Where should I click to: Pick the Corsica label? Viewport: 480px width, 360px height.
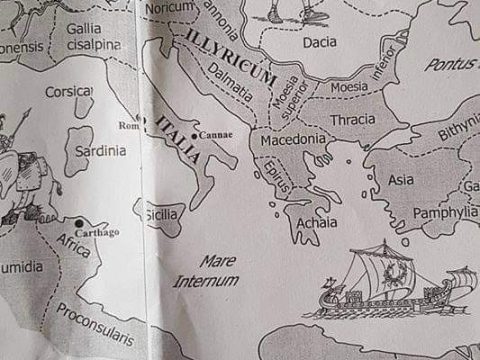(x=70, y=92)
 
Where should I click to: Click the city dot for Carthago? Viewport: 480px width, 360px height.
(x=78, y=221)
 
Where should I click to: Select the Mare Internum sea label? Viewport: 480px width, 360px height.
(x=209, y=270)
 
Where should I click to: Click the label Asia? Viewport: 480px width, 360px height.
(x=401, y=180)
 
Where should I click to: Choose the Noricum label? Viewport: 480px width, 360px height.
(x=167, y=6)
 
